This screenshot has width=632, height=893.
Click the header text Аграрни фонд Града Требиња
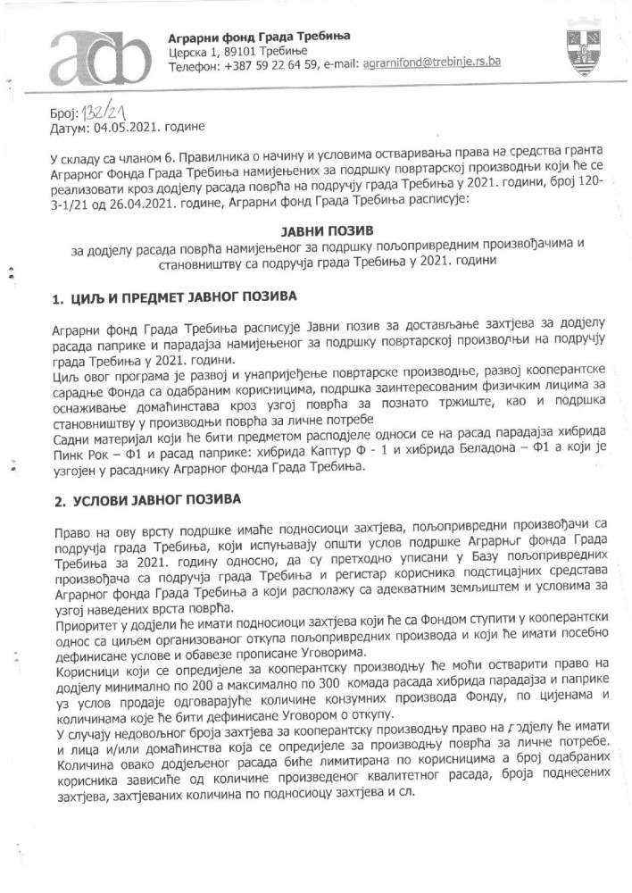coord(259,35)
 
